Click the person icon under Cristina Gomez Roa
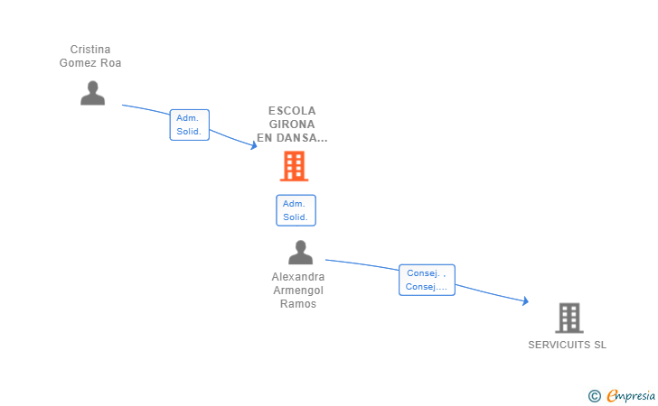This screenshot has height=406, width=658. (x=92, y=93)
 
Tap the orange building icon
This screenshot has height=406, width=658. (x=294, y=166)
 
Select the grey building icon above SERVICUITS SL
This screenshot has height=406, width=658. (x=569, y=318)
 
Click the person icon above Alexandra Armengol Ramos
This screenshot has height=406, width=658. (x=300, y=253)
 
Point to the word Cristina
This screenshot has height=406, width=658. (x=90, y=50)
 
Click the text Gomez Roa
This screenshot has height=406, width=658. (x=90, y=63)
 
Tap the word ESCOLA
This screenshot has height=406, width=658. (x=292, y=111)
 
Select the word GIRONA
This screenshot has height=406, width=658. (x=292, y=124)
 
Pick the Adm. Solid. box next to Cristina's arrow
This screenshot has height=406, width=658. (x=189, y=125)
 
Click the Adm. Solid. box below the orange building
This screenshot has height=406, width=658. (x=296, y=210)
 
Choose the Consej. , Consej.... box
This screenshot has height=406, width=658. (x=427, y=280)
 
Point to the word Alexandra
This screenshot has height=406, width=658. (x=298, y=277)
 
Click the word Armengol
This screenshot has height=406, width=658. (x=298, y=291)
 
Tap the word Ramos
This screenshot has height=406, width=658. (x=298, y=304)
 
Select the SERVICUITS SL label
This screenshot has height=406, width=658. (x=567, y=345)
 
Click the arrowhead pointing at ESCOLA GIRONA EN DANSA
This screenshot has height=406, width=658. (x=254, y=145)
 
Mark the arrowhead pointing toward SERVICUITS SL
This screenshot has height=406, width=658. (x=525, y=300)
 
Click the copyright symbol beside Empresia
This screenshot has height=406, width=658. (x=594, y=396)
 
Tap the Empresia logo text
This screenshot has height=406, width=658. (x=631, y=395)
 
